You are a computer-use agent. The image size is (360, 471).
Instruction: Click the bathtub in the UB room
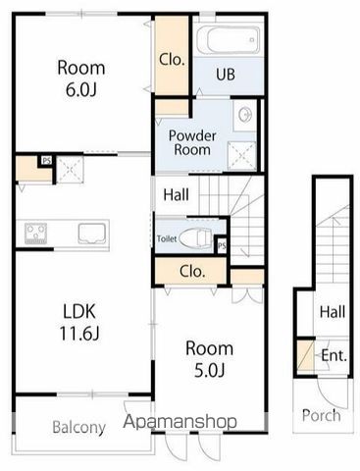tap(229, 40)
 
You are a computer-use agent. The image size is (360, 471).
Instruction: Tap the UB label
tap(226, 75)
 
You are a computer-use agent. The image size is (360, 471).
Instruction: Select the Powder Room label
tap(192, 142)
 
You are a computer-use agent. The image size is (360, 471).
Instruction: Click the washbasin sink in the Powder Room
tap(245, 115)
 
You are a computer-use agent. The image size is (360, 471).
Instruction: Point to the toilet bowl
tap(195, 238)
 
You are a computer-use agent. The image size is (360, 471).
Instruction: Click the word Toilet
tap(167, 238)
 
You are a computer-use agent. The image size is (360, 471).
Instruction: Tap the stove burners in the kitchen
tap(36, 234)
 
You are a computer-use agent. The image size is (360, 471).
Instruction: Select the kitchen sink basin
tap(92, 234)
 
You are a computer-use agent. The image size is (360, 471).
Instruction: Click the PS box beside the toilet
tap(222, 245)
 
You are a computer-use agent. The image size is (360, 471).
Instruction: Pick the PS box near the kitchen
tap(46, 161)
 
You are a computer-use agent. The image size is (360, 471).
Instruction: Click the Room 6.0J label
tap(81, 78)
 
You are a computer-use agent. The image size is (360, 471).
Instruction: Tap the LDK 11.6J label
tap(79, 322)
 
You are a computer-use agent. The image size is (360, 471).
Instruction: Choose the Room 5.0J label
tap(209, 359)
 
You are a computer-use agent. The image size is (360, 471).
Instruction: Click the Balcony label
tap(79, 427)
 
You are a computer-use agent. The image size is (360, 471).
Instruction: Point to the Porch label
tap(321, 415)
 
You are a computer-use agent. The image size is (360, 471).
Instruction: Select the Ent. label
tap(334, 355)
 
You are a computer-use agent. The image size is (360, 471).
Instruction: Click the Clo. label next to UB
tap(172, 60)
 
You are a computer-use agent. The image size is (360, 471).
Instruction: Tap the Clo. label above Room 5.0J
tap(192, 271)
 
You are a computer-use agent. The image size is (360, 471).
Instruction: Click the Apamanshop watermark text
tap(180, 422)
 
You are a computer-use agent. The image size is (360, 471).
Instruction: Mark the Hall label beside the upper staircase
tap(176, 195)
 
